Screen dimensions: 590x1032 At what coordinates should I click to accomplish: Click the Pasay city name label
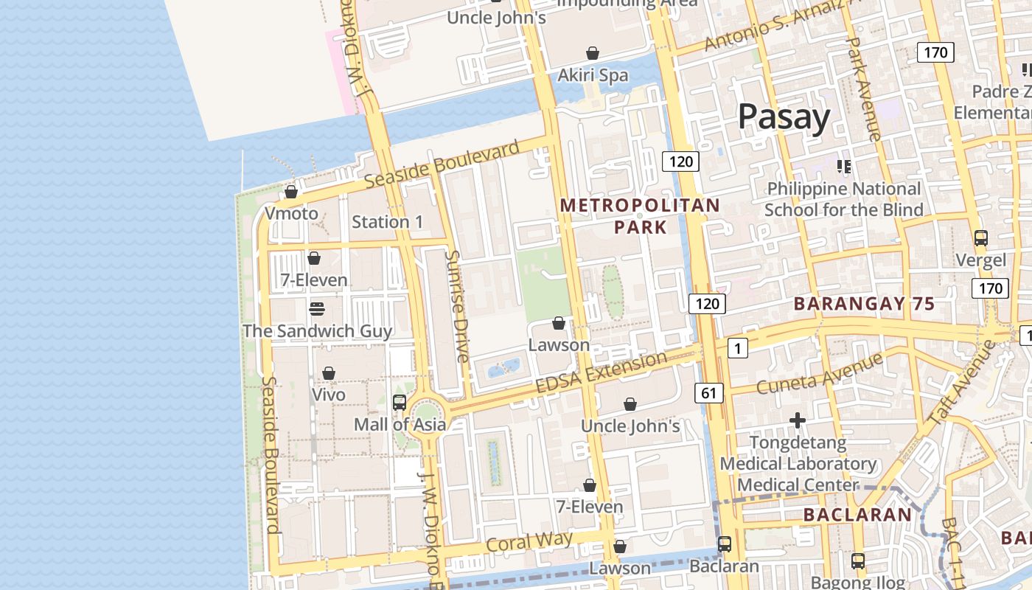pyautogui.click(x=784, y=117)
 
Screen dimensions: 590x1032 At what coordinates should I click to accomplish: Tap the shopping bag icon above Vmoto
pyautogui.click(x=291, y=192)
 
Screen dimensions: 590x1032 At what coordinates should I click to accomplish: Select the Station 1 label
pyautogui.click(x=387, y=222)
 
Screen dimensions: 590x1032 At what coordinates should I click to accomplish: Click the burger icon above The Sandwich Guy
pyautogui.click(x=317, y=308)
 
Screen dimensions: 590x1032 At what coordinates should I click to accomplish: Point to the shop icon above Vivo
pyautogui.click(x=329, y=373)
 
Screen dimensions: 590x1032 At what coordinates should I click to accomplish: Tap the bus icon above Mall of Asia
pyautogui.click(x=400, y=403)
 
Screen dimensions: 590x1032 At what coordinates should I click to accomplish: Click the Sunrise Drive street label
pyautogui.click(x=457, y=306)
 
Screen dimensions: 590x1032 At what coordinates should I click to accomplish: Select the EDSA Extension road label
pyautogui.click(x=602, y=373)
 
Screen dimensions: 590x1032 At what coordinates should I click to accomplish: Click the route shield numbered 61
pyautogui.click(x=708, y=393)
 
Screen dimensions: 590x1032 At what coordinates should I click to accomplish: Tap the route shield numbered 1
pyautogui.click(x=737, y=347)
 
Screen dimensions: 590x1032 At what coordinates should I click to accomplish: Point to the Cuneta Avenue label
pyautogui.click(x=819, y=374)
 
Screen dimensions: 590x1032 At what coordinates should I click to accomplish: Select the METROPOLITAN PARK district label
pyautogui.click(x=640, y=215)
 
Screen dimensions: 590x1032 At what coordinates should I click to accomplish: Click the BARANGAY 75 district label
pyautogui.click(x=864, y=304)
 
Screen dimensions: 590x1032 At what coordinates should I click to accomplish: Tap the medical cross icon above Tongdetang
pyautogui.click(x=797, y=421)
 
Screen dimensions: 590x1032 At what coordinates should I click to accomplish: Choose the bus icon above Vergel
pyautogui.click(x=980, y=238)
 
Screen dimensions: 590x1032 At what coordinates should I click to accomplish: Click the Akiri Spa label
pyautogui.click(x=593, y=75)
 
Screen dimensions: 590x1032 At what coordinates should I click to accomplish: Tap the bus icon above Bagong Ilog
pyautogui.click(x=857, y=560)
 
